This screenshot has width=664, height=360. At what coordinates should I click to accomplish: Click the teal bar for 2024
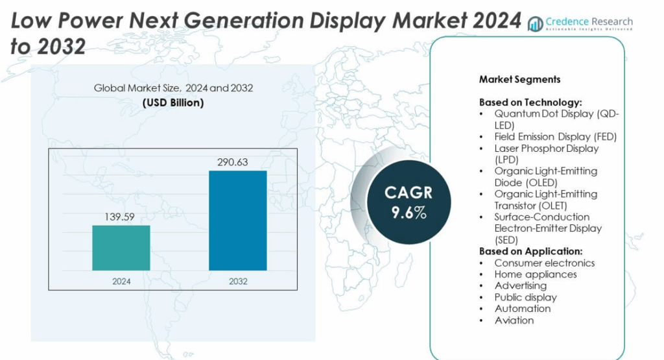[121, 248]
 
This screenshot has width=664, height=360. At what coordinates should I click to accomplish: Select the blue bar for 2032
[237, 221]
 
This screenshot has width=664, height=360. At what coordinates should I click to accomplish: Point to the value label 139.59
[121, 217]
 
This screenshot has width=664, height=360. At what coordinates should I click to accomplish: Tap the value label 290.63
[237, 162]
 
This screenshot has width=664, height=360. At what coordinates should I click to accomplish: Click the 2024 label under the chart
[121, 282]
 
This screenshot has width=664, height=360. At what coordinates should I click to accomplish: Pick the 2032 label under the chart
[237, 282]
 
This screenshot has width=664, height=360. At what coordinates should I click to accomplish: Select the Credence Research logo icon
[536, 24]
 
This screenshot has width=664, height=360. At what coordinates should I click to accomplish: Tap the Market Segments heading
[519, 80]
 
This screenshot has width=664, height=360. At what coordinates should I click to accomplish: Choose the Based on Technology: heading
[530, 102]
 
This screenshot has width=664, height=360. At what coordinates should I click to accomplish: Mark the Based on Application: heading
[531, 251]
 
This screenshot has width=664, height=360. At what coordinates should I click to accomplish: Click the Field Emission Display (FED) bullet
[555, 137]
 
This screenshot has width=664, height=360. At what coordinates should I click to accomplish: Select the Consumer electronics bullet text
[544, 263]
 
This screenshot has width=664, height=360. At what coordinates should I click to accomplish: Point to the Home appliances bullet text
[535, 274]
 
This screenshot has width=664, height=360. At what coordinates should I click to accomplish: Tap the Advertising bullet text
[520, 285]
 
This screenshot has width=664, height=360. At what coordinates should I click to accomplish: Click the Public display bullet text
[525, 297]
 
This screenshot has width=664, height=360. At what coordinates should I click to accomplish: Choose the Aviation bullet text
[514, 320]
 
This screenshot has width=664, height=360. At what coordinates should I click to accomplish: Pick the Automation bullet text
[522, 308]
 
